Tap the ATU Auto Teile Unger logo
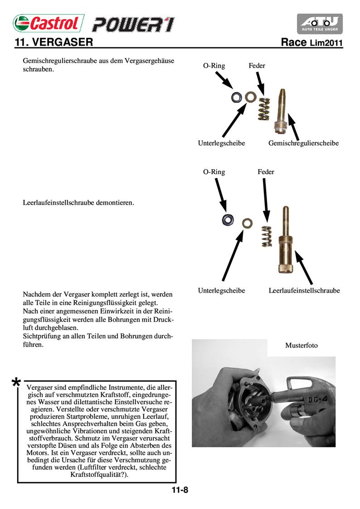tap(320, 24)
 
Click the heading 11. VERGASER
tap(54, 43)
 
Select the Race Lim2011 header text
tap(311, 43)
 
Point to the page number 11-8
tap(180, 490)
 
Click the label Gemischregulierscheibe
tap(303, 143)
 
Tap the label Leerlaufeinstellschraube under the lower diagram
tap(304, 290)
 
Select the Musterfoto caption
tap(302, 345)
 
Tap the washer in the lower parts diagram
tap(247, 223)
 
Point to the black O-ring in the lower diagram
tap(228, 220)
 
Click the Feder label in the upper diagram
tap(257, 66)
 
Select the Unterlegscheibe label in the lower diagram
tap(221, 290)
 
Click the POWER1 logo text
tap(133, 24)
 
